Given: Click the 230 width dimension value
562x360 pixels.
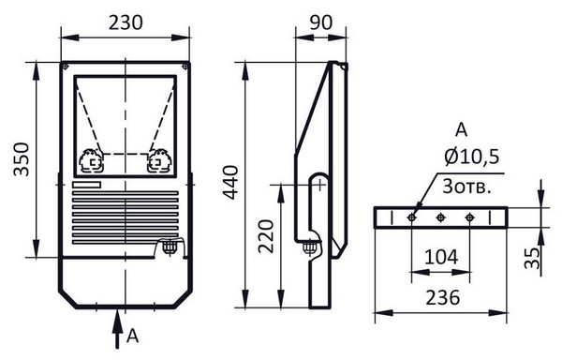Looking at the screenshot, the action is click(126, 22).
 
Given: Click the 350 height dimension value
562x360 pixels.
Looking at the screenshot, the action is click(22, 159).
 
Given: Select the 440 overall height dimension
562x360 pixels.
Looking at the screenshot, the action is click(229, 182).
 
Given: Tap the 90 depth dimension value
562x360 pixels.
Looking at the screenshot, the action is click(320, 22).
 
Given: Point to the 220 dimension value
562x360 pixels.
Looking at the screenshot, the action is click(266, 236).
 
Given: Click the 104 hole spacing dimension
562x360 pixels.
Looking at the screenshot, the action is click(441, 257).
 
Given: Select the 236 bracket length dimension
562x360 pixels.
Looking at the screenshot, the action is click(442, 297).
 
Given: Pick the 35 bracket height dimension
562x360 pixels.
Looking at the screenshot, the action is click(532, 258).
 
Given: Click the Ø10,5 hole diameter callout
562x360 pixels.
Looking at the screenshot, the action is click(472, 157).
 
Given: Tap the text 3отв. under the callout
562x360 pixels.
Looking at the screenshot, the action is click(466, 187).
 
